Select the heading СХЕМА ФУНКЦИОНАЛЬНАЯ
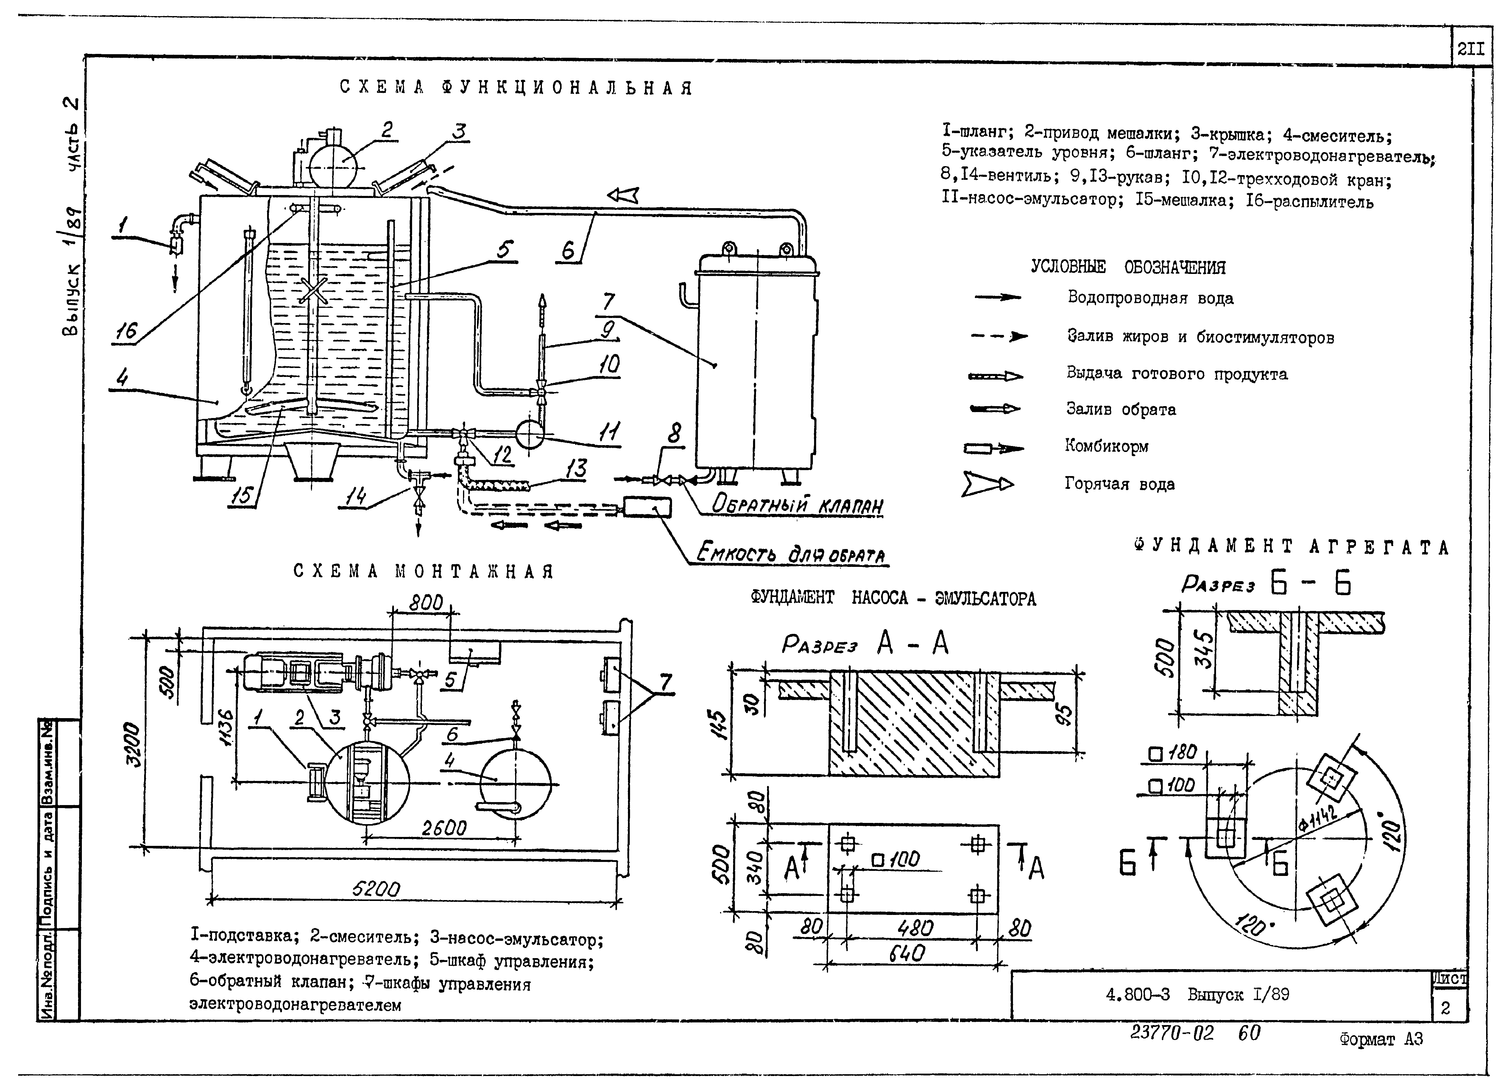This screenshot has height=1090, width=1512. click(x=517, y=88)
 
